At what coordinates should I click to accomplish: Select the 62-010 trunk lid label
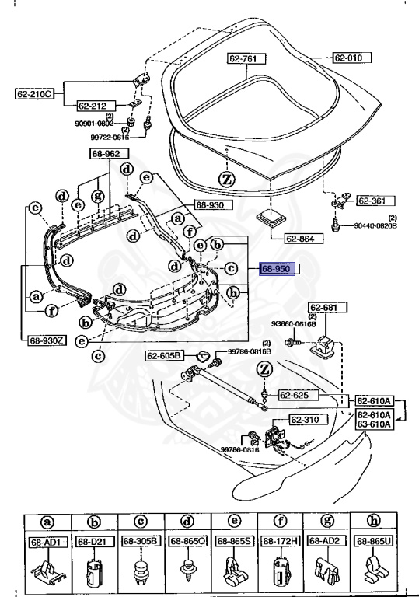[351, 58]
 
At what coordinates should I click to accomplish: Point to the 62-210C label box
[33, 94]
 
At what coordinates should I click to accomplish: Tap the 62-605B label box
[164, 355]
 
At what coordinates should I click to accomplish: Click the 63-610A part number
[375, 424]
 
